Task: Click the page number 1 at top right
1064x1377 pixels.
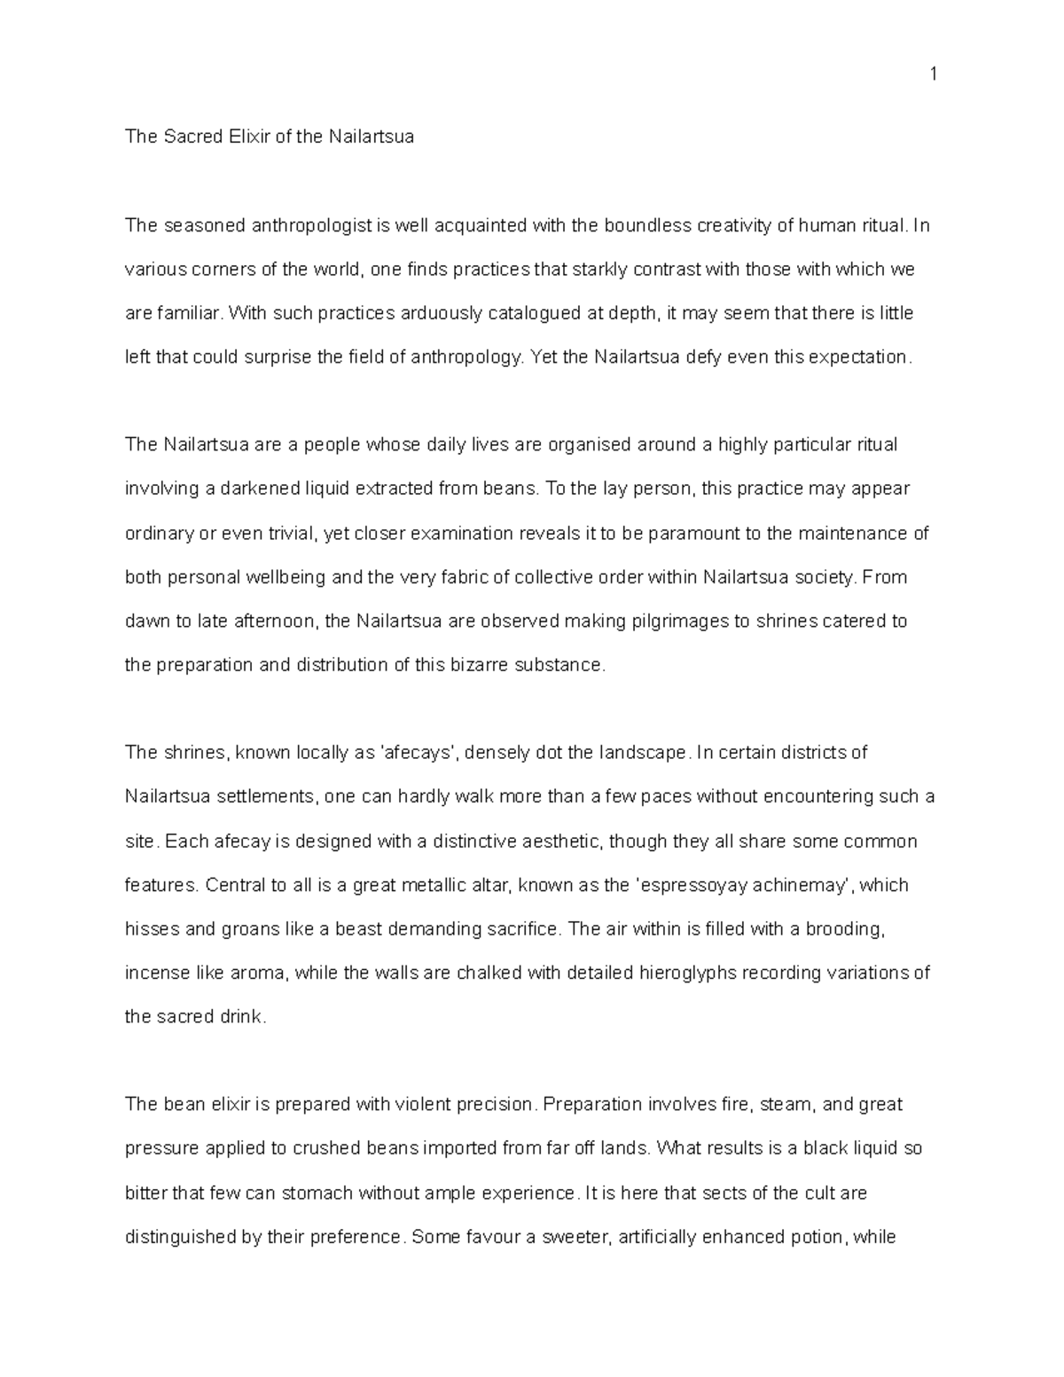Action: coord(933,74)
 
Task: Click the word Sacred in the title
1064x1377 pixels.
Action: coord(190,137)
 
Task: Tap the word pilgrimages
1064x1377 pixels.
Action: coord(682,621)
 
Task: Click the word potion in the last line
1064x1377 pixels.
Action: coord(817,1237)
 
